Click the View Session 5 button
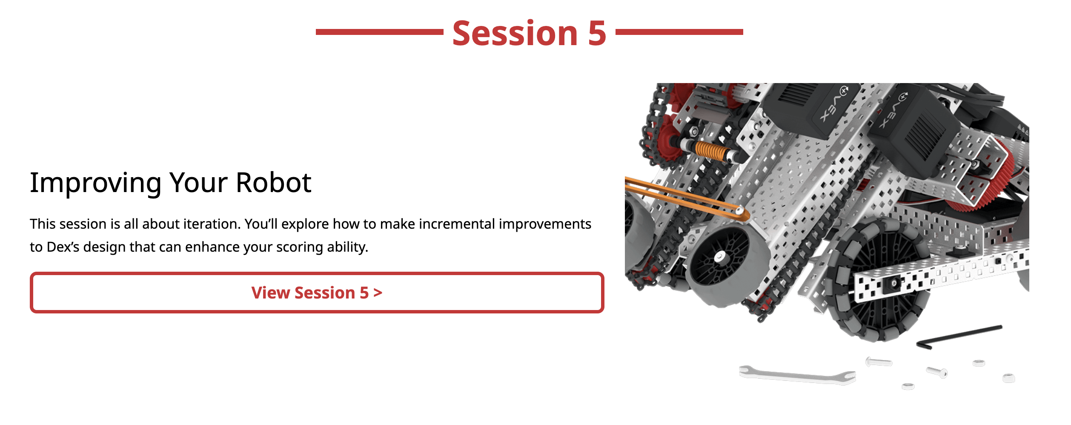tap(317, 293)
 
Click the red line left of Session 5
tap(379, 32)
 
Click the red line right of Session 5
tap(679, 32)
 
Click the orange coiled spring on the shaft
tap(709, 151)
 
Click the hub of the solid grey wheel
tap(719, 257)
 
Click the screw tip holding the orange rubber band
tap(740, 211)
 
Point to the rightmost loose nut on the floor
tap(1009, 378)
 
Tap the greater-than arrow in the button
tap(378, 293)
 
